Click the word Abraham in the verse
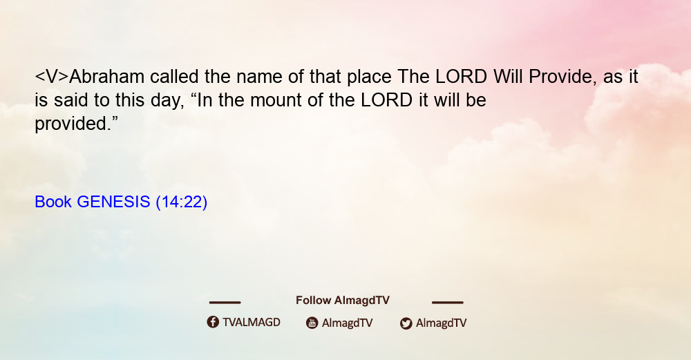pos(107,77)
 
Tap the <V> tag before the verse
pos(52,77)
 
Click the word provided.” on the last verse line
pos(76,124)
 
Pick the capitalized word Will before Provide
pos(508,77)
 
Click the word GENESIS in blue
pos(113,202)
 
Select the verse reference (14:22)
pos(182,202)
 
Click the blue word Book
pos(53,202)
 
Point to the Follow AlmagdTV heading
pos(343,301)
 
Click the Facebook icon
pos(213,322)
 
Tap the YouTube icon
pos(312,323)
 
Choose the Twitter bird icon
pos(406,323)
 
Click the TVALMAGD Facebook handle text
pos(252,323)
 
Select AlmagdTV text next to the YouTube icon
pos(348,323)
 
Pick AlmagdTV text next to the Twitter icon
pos(441,323)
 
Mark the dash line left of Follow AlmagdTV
pos(225,302)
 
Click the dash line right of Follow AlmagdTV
pos(448,302)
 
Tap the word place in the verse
pos(369,77)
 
